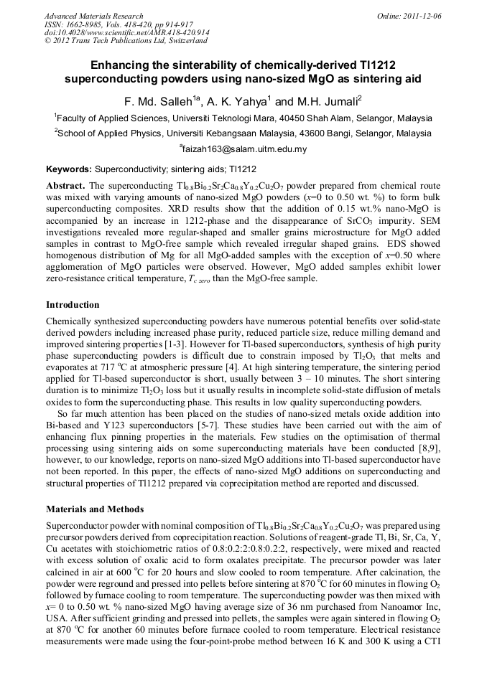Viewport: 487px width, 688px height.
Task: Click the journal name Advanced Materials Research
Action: click(93, 16)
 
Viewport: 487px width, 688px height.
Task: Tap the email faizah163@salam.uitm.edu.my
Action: click(243, 149)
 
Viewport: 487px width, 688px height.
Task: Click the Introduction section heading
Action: click(73, 304)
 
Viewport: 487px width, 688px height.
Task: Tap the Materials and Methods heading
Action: click(95, 509)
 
